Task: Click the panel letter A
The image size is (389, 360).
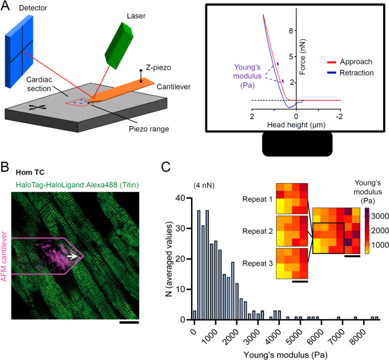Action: coord(5,6)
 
